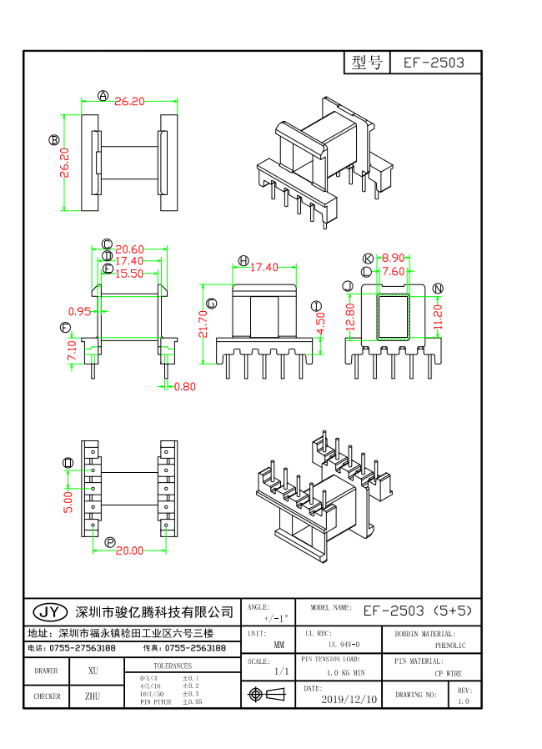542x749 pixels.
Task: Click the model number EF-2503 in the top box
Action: point(434,63)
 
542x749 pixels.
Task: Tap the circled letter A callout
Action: point(103,96)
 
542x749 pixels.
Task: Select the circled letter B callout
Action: point(54,140)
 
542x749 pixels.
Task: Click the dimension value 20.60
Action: point(130,249)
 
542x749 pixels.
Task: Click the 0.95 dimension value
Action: point(79,311)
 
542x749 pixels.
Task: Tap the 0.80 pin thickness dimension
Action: point(186,386)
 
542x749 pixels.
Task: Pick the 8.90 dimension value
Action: point(393,259)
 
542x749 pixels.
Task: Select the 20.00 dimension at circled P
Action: point(129,550)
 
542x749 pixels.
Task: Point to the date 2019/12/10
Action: point(349,699)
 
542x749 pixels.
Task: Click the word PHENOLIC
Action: point(450,646)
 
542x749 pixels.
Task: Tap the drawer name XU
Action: point(93,671)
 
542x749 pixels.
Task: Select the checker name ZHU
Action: point(93,696)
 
